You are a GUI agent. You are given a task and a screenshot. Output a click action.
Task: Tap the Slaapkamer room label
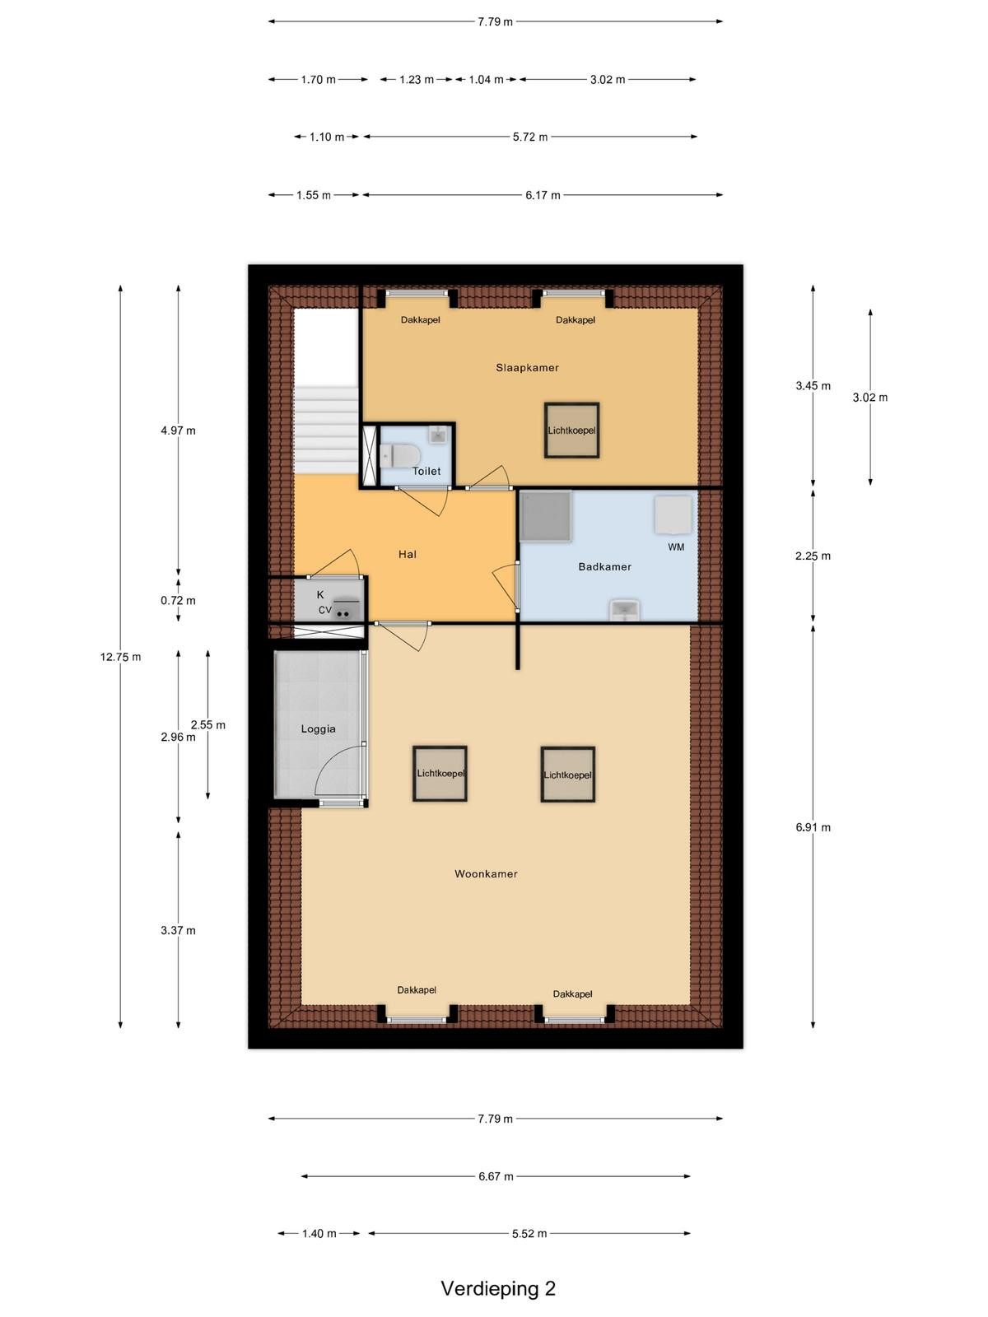(527, 368)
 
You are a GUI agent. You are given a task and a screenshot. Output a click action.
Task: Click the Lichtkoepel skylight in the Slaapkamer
(571, 430)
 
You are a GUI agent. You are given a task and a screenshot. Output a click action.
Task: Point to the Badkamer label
(604, 566)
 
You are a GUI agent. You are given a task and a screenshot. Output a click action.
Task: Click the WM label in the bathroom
(675, 547)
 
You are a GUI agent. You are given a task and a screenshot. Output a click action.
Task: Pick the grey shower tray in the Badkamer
(545, 517)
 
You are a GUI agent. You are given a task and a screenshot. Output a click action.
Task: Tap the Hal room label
(408, 555)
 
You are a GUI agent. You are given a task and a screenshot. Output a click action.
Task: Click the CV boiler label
(324, 610)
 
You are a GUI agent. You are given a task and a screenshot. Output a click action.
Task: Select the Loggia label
(318, 729)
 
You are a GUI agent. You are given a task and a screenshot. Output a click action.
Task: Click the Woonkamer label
(485, 874)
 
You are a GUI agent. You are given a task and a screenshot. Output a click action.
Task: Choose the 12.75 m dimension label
(120, 657)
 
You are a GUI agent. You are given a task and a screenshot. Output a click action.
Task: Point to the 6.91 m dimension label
(813, 827)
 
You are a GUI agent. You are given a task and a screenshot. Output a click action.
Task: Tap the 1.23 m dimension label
(417, 80)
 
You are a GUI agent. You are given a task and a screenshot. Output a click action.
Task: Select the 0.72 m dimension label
(178, 601)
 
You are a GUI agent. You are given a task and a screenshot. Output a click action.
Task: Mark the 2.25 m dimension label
(813, 556)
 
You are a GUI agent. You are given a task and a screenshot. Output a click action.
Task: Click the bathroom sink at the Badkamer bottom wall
(625, 610)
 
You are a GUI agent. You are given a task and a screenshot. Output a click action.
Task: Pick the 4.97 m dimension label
(178, 430)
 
